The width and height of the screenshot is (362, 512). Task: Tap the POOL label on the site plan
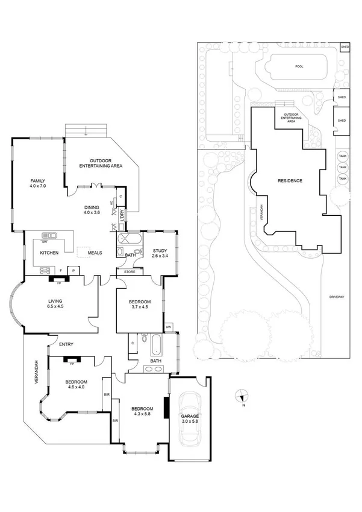[299, 67]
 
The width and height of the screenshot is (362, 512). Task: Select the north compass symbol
[242, 396]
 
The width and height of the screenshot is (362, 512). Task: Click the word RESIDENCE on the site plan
[290, 181]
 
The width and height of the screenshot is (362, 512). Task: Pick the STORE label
[130, 272]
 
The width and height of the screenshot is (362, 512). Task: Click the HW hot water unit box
[169, 327]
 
